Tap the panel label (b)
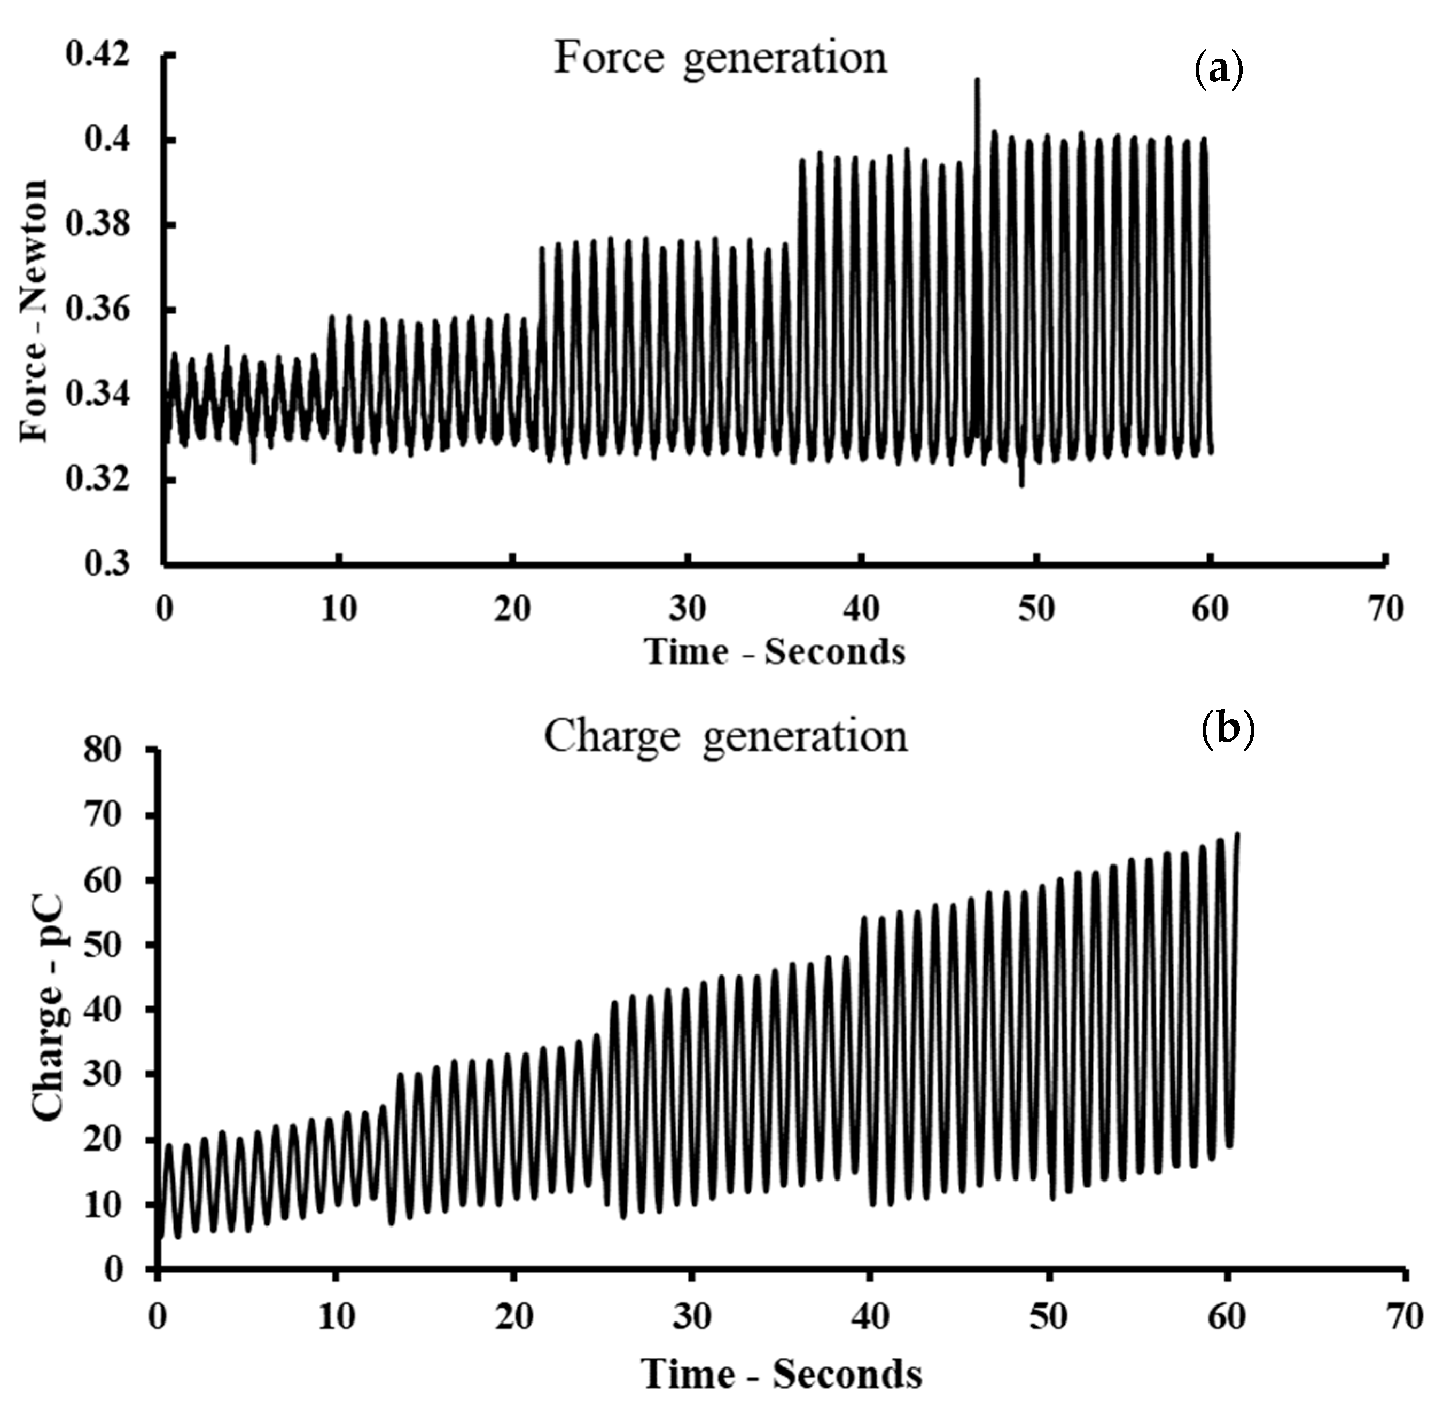[x=1228, y=729]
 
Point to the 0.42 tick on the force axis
[x=97, y=54]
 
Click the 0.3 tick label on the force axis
[x=106, y=564]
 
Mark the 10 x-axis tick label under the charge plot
[x=337, y=1316]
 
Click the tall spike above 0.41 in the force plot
[x=977, y=80]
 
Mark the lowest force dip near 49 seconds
[x=1021, y=484]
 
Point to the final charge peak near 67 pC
[x=1237, y=835]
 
